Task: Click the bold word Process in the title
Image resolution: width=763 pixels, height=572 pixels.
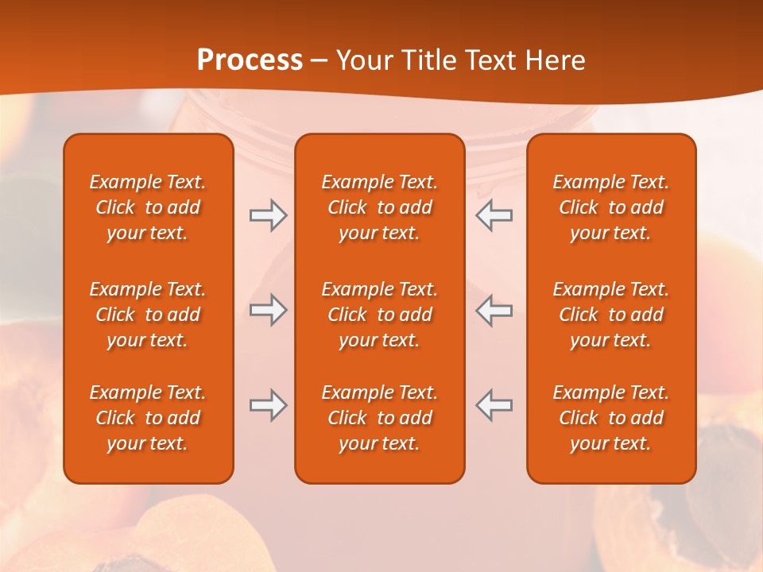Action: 250,60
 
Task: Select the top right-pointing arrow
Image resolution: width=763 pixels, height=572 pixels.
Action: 268,215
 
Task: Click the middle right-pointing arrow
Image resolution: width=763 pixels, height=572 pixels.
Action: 268,311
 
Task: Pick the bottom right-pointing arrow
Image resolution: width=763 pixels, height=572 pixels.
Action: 268,405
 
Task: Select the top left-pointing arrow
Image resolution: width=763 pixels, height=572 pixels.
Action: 494,215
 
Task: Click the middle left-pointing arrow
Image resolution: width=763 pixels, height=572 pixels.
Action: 494,311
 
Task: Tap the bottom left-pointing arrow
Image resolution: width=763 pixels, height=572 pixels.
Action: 494,405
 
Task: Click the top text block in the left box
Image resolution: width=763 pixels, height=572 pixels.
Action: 148,207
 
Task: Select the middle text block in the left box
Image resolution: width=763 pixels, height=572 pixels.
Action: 148,315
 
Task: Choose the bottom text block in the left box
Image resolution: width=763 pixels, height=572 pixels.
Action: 148,418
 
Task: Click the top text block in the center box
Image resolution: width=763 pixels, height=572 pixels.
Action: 379,207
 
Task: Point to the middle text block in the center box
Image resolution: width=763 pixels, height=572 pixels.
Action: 379,315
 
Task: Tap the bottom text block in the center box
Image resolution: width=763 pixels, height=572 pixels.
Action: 379,418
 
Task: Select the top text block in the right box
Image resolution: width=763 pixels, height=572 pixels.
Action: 610,207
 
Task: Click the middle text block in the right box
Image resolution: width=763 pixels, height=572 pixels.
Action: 610,315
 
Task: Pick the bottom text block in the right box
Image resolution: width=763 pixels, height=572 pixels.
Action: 610,418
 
